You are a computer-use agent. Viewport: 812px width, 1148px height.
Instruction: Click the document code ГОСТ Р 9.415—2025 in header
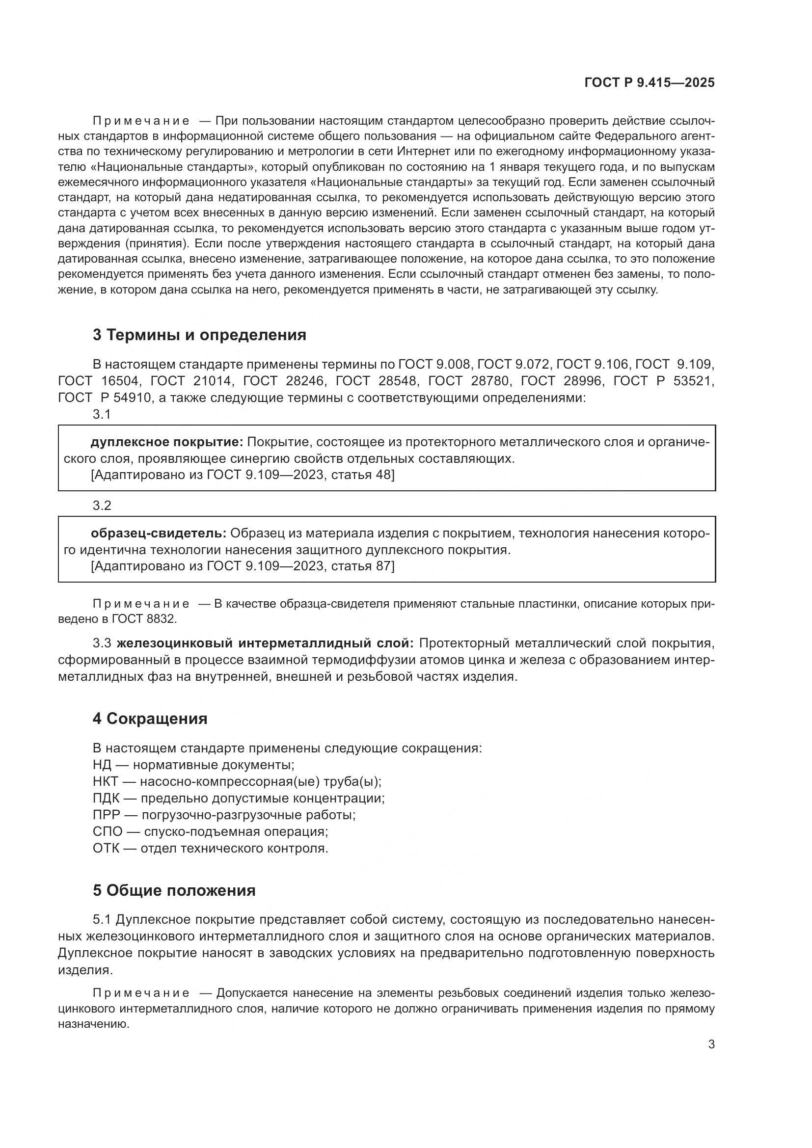[x=650, y=83]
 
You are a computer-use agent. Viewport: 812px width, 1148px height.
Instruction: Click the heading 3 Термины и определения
[x=199, y=335]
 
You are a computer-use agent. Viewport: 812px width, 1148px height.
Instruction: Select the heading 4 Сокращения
[x=150, y=719]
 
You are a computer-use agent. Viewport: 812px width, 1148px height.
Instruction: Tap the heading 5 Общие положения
[x=174, y=890]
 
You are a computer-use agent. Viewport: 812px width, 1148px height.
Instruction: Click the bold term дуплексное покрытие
[x=166, y=442]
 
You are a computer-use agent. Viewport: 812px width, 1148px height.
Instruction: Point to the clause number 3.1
[x=102, y=414]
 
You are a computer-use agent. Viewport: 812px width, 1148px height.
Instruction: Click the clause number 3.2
[x=102, y=506]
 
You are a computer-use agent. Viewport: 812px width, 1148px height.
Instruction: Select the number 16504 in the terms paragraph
[x=119, y=381]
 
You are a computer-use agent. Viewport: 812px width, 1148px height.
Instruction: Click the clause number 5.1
[x=103, y=919]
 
